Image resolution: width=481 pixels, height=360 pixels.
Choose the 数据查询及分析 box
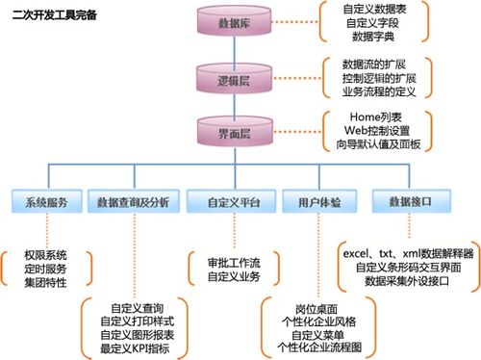[134, 203]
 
